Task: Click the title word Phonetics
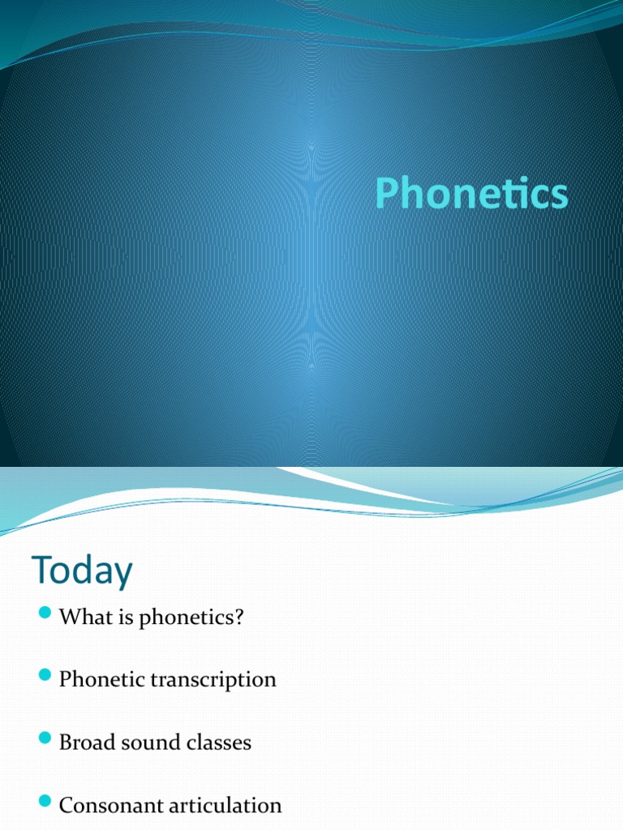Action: pos(471,195)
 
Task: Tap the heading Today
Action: pos(82,571)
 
